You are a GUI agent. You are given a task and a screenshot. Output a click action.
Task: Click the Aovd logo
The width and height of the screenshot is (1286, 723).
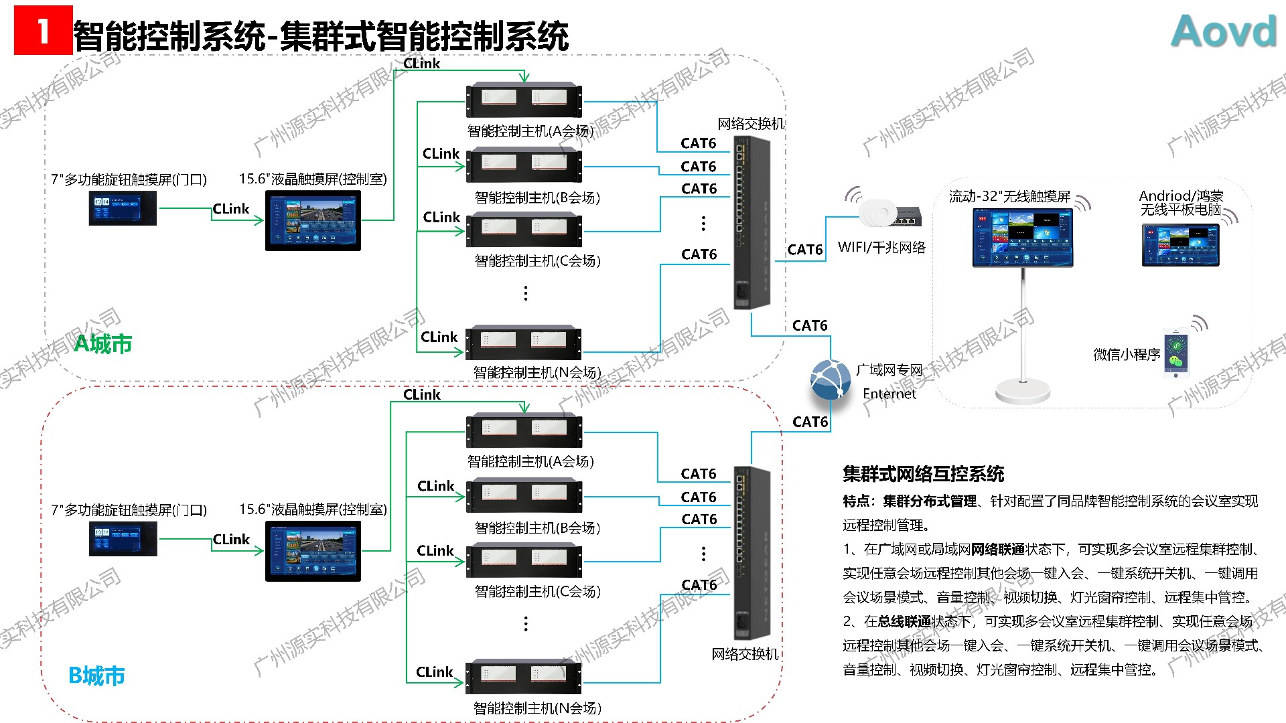click(x=1224, y=31)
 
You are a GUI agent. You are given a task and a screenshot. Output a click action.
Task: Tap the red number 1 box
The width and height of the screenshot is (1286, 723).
click(x=43, y=30)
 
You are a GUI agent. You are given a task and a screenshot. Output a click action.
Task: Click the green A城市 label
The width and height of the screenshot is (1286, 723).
click(x=102, y=343)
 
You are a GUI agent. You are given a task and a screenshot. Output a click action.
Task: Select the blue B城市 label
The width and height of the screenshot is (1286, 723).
click(x=97, y=675)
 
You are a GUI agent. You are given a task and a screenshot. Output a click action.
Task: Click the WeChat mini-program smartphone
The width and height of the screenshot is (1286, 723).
click(x=1175, y=354)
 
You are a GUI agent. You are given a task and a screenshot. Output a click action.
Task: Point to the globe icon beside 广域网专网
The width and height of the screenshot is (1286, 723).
click(x=831, y=380)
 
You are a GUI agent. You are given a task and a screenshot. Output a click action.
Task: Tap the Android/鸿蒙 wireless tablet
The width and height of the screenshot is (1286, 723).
click(x=1180, y=245)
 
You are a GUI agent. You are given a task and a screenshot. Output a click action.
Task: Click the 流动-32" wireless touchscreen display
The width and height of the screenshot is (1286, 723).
click(x=1022, y=238)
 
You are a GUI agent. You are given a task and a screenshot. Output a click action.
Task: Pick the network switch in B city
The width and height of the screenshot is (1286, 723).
click(x=752, y=552)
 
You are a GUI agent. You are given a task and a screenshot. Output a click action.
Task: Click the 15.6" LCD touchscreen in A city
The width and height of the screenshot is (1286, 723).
click(x=313, y=221)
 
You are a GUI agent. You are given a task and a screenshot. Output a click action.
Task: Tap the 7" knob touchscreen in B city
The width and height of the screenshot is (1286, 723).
click(x=123, y=539)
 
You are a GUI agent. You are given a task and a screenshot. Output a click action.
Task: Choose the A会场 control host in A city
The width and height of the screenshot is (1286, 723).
click(x=524, y=100)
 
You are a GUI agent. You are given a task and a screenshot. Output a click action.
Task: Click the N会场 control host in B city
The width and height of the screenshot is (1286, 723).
click(x=524, y=677)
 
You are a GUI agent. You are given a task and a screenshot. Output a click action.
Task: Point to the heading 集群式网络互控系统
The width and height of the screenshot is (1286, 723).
click(x=923, y=474)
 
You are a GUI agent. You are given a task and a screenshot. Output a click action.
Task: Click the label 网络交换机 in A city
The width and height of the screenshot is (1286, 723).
click(x=750, y=124)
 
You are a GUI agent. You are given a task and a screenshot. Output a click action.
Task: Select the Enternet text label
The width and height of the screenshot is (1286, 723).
click(x=889, y=394)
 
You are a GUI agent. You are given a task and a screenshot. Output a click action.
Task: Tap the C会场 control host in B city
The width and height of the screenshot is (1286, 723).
click(x=524, y=561)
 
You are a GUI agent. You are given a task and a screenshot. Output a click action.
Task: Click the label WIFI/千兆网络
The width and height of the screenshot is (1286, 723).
click(x=881, y=248)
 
